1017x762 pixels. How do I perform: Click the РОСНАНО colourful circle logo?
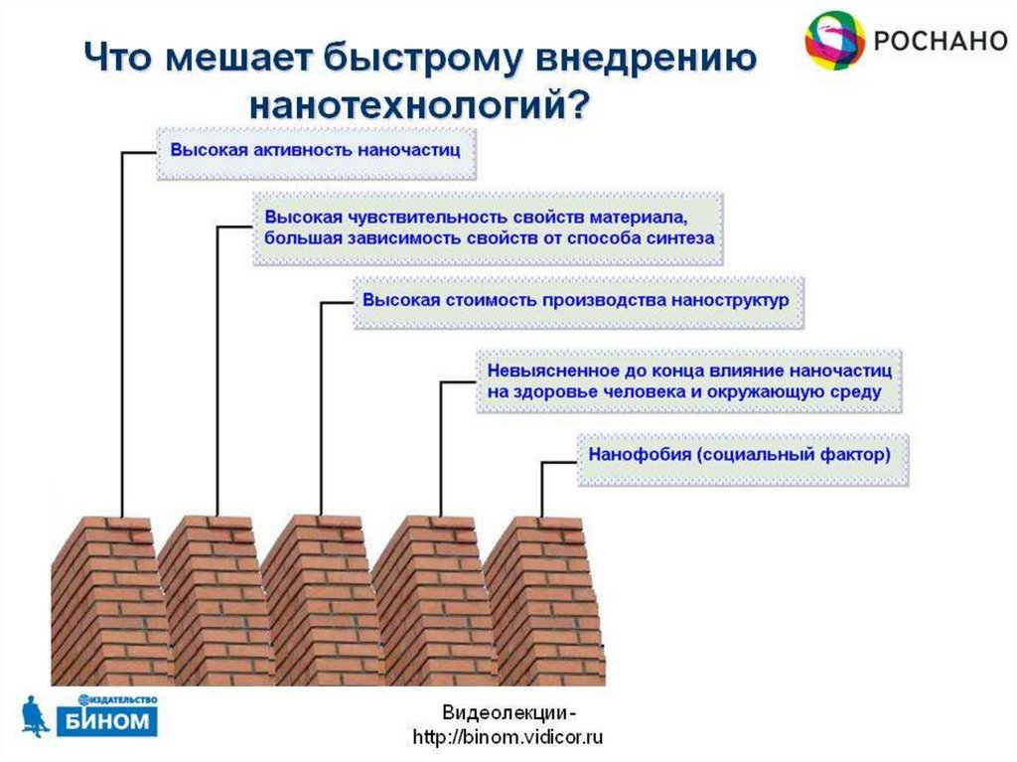[834, 40]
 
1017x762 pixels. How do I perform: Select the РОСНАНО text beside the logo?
[939, 41]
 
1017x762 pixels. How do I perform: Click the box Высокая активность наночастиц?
[316, 151]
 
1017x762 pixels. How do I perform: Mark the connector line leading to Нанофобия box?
[542, 486]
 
